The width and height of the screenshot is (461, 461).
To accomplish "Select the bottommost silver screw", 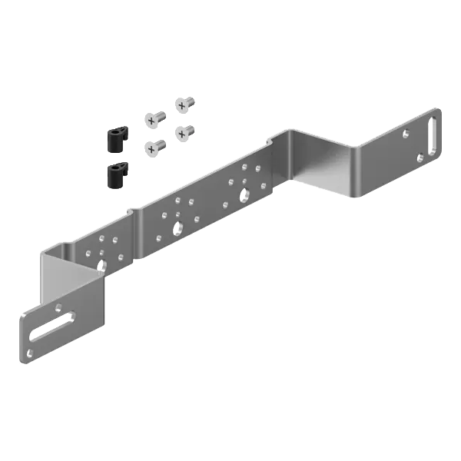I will click(154, 145).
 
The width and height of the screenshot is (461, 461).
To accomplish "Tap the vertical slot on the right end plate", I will click(432, 134).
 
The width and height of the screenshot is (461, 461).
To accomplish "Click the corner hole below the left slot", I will click(30, 353).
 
